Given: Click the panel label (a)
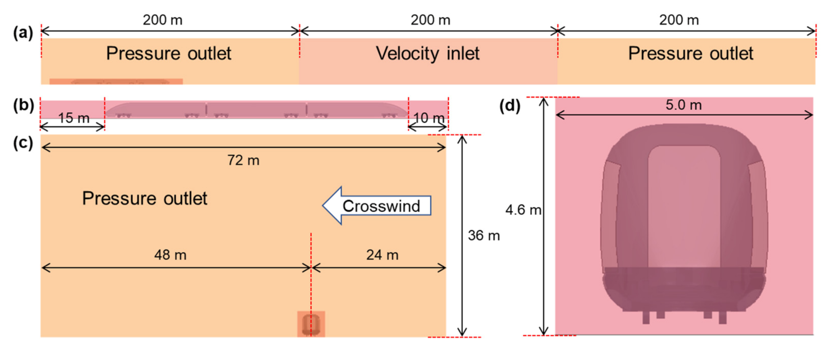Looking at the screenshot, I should coord(23,33).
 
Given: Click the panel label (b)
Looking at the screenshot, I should coord(23,106).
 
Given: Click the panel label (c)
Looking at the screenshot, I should coord(23,143).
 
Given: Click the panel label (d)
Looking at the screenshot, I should coord(510,106).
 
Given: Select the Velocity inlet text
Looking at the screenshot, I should coord(428,53).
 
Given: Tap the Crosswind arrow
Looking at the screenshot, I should coord(377,206).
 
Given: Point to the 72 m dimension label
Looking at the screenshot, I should coord(243,160).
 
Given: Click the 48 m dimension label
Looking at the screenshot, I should coord(170,255).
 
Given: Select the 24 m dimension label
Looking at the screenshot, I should coord(382,255).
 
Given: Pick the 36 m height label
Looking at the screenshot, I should coord(484,236).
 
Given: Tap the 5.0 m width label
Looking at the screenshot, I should coord(684,105).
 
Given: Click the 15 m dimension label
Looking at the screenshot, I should coord(74,118).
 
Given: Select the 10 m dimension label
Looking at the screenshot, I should coord(429,118).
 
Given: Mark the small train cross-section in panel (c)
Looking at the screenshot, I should coord(311,324).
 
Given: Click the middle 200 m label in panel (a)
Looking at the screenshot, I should coord(430,20).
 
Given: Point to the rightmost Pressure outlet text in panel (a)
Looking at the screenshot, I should coord(691,53).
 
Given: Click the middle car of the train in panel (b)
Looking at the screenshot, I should coord(256,110).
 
